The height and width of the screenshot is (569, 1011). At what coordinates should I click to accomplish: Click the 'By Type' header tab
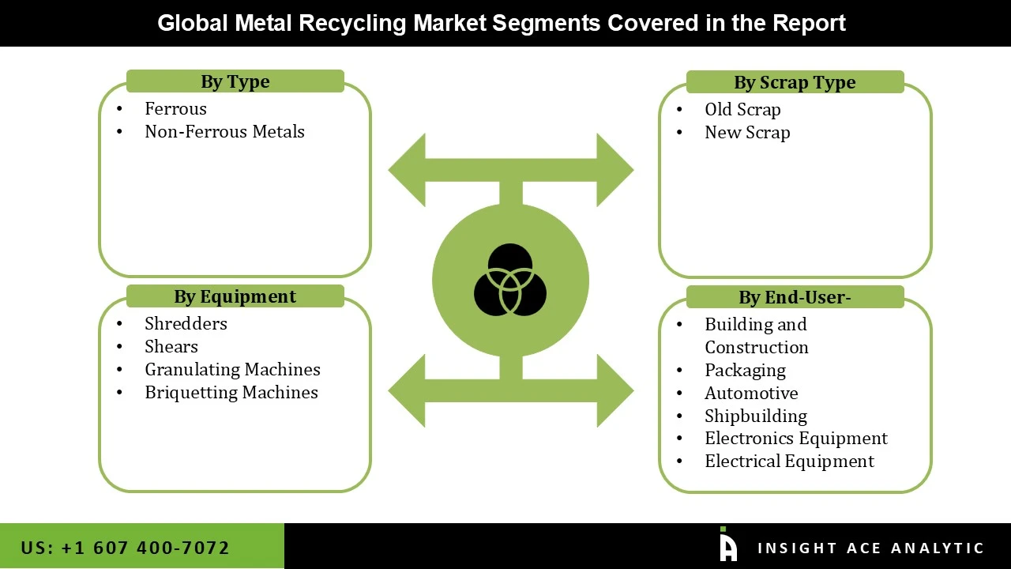coord(235,81)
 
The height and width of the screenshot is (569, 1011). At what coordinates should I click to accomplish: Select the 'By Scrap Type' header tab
coord(795,82)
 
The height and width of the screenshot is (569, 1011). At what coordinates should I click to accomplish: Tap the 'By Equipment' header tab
coord(235,296)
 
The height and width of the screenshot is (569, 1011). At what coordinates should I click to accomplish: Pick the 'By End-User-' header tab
coord(795,297)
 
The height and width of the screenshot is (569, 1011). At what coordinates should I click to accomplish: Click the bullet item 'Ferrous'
coord(175,109)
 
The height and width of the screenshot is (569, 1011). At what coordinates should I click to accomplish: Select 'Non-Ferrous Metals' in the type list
coord(224,132)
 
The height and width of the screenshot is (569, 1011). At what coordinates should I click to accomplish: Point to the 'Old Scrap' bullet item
coord(742,110)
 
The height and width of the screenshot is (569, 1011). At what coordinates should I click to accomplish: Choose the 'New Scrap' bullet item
coord(747,133)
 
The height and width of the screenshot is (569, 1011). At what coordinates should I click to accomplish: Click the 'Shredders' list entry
coord(186,324)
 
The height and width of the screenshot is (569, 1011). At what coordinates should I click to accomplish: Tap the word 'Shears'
coord(171,347)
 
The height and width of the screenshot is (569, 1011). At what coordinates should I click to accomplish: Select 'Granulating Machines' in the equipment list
coord(232,370)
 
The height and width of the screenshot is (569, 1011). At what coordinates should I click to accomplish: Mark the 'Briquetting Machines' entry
coord(231,393)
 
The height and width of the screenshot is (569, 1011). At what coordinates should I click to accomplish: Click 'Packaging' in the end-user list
coord(745,371)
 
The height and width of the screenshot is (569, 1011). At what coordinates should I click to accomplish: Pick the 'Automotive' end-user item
coord(751,394)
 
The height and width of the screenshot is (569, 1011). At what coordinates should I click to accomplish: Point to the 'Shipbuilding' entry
coord(756,416)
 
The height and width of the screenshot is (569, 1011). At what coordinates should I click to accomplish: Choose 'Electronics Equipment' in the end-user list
coord(796,439)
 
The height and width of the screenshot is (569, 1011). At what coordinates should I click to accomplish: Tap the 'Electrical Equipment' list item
coord(789,462)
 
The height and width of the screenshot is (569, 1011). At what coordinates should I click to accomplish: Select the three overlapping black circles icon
coord(510,280)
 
